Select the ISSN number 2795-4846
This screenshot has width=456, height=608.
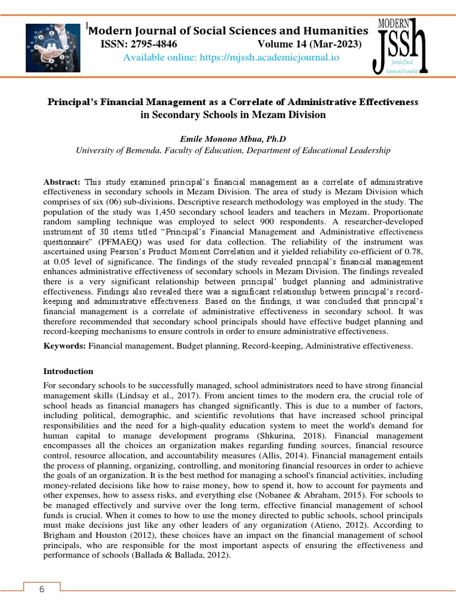[x=150, y=44]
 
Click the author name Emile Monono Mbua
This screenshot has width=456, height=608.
[x=222, y=138]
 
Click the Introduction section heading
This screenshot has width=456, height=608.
[x=69, y=371]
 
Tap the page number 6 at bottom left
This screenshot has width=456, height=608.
[x=42, y=589]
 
